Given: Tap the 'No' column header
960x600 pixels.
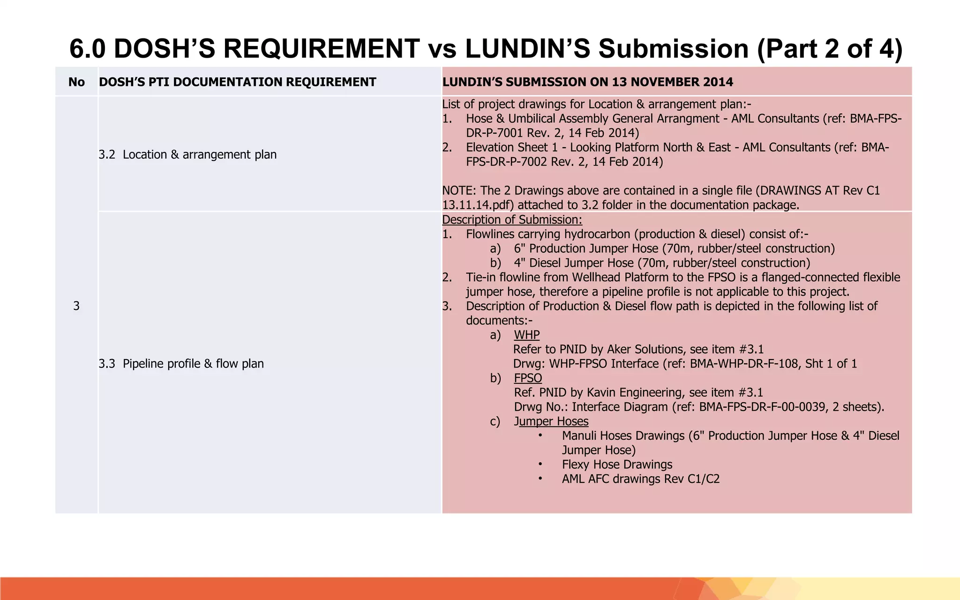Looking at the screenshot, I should click(x=76, y=82).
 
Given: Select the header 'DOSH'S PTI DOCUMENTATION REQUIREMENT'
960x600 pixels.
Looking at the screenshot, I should click(x=237, y=82).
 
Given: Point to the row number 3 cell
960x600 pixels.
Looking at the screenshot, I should click(x=76, y=306).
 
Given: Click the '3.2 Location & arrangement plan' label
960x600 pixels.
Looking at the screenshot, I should click(x=187, y=155).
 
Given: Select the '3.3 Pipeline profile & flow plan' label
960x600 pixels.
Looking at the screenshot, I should click(x=181, y=364).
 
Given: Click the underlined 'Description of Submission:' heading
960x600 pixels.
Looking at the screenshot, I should click(x=512, y=220).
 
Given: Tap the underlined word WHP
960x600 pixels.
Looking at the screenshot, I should click(x=526, y=335).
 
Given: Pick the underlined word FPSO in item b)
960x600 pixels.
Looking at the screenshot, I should click(x=528, y=378).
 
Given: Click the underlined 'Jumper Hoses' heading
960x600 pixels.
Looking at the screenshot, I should click(x=551, y=421).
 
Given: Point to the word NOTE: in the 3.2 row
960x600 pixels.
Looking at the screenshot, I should click(x=459, y=191).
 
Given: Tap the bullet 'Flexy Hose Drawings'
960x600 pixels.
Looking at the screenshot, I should click(x=617, y=465).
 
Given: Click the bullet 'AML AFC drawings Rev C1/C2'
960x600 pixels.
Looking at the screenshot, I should click(x=640, y=479).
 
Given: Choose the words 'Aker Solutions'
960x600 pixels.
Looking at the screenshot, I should click(x=646, y=349).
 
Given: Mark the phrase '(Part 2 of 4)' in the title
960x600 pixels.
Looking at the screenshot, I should click(x=830, y=49).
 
